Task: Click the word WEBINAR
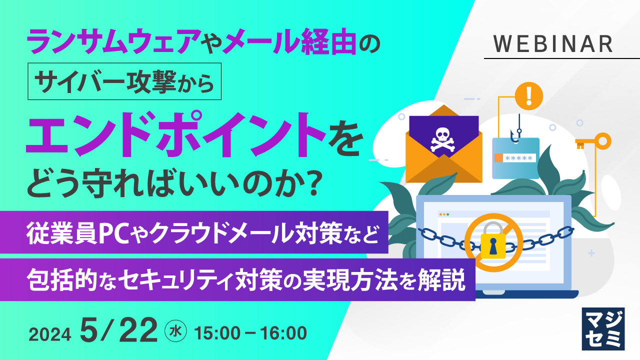553,44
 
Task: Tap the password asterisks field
520,158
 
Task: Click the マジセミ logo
603,328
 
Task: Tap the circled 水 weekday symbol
175,331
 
